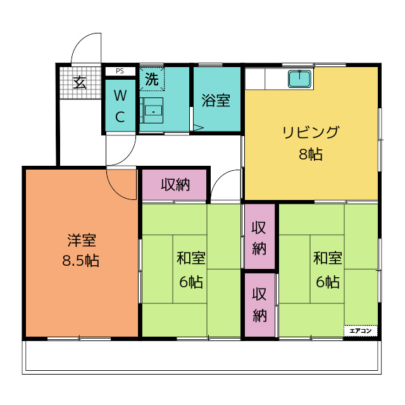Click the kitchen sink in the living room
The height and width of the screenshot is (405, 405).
[x=299, y=79]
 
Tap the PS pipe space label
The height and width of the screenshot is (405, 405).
[x=120, y=71]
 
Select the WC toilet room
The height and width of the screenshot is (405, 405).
[x=120, y=106]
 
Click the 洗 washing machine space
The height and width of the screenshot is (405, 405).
[x=152, y=79]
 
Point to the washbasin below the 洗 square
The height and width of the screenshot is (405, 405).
[x=151, y=110]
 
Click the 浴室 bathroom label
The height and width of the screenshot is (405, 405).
[x=216, y=101]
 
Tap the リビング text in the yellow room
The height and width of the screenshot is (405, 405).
[x=311, y=132]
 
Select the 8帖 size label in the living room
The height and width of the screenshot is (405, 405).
[x=311, y=154]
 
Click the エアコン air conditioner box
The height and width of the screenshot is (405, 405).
[x=360, y=331]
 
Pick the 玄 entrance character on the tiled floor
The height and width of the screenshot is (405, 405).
[x=80, y=82]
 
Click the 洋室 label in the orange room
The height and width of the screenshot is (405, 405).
[x=82, y=240]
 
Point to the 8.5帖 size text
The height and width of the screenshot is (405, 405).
[x=80, y=260]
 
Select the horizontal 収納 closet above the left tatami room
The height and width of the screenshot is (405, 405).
[x=175, y=185]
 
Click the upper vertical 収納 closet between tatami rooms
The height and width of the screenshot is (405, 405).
[x=259, y=236]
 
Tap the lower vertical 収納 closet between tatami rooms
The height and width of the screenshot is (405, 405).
[x=259, y=305]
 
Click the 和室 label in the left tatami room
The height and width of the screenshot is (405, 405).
[x=191, y=258]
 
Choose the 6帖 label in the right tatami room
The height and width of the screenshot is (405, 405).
[x=328, y=282]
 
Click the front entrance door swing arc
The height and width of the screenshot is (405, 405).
[x=77, y=41]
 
